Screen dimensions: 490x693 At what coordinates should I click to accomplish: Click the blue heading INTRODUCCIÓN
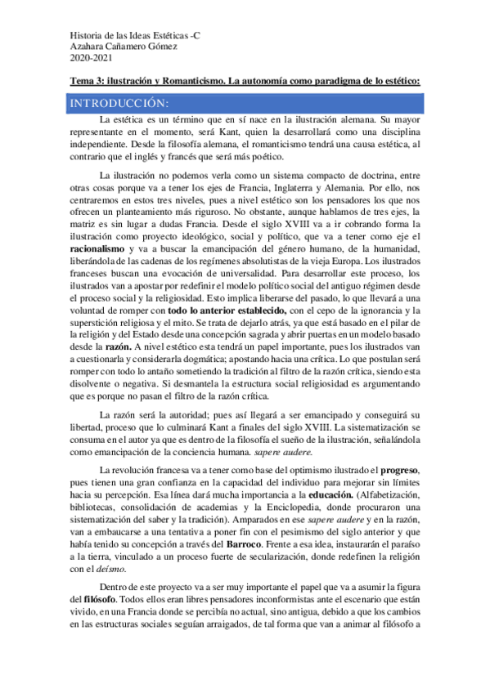pyautogui.click(x=119, y=104)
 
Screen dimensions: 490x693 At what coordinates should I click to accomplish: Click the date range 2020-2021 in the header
pyautogui.click(x=88, y=60)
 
